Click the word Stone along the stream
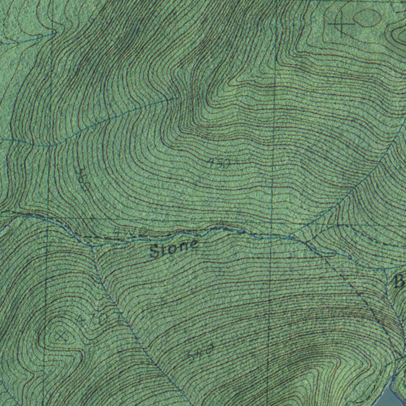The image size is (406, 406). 174,249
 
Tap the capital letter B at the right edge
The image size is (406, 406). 398,282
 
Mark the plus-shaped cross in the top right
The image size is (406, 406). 341,23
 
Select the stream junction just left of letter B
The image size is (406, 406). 385,269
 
